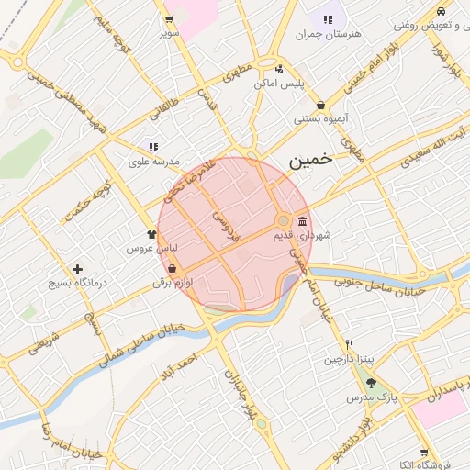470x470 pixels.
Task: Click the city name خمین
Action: point(308,160)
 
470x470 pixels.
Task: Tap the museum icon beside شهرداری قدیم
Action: point(303,221)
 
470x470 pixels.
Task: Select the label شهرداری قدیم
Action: point(301,236)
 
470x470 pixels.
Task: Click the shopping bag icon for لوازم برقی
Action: point(173,269)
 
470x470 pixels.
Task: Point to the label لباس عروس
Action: point(145,249)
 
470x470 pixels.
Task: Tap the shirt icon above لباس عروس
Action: point(151,234)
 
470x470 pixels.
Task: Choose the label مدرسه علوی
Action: point(152,161)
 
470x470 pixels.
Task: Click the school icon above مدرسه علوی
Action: point(153,147)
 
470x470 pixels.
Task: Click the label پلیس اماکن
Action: point(279,84)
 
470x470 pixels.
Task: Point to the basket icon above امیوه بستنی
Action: point(320,105)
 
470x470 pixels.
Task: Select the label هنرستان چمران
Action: point(329,34)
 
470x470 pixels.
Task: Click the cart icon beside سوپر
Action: point(168,19)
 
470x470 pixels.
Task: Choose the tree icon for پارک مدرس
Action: point(371,384)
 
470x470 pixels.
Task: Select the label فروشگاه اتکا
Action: point(438,465)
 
